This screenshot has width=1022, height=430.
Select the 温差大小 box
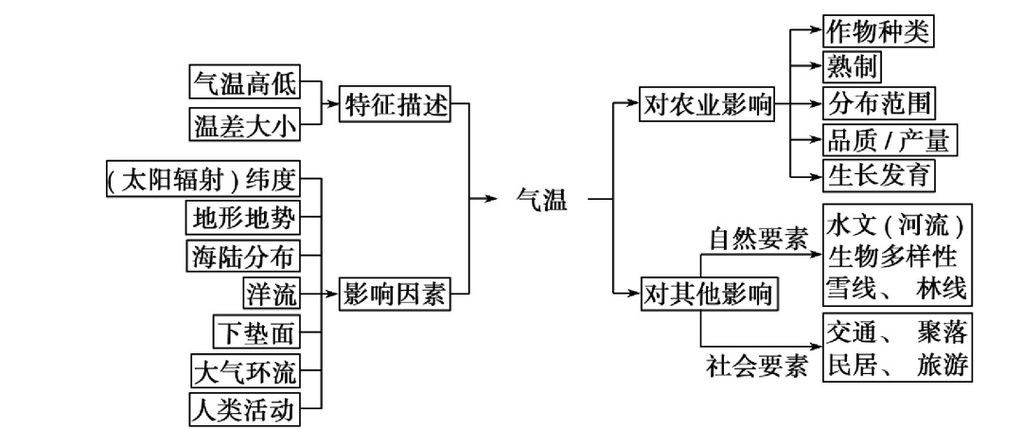point(243,123)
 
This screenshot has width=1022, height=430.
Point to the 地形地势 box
point(241,218)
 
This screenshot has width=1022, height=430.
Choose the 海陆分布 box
point(241,256)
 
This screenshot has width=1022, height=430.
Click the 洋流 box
point(270,295)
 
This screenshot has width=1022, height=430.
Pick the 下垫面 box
point(255,332)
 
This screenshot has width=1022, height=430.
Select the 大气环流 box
point(243,371)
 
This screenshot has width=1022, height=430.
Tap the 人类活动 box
point(243,409)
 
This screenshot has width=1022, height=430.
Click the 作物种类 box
point(877,30)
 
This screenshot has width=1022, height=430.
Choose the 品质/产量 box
point(889,140)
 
